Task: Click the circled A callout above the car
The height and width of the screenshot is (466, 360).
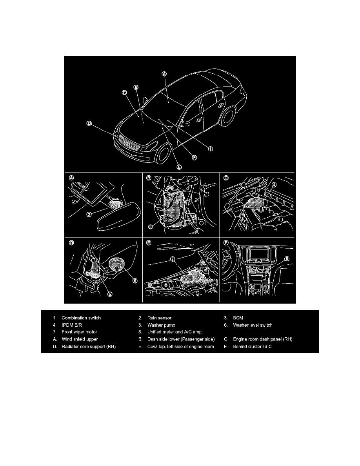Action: click(164, 73)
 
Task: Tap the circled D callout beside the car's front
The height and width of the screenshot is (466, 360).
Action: click(89, 124)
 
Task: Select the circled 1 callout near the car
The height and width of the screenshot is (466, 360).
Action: click(210, 149)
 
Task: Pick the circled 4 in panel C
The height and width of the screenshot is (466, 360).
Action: click(274, 184)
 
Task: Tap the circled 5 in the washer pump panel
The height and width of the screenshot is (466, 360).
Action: click(109, 295)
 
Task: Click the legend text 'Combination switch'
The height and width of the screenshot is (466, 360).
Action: click(81, 318)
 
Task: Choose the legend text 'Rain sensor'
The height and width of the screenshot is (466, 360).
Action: click(159, 318)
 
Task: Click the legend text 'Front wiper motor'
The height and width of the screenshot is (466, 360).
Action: click(79, 332)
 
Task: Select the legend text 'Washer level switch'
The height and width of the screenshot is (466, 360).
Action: click(252, 325)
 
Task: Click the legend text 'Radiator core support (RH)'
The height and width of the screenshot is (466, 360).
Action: click(89, 346)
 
